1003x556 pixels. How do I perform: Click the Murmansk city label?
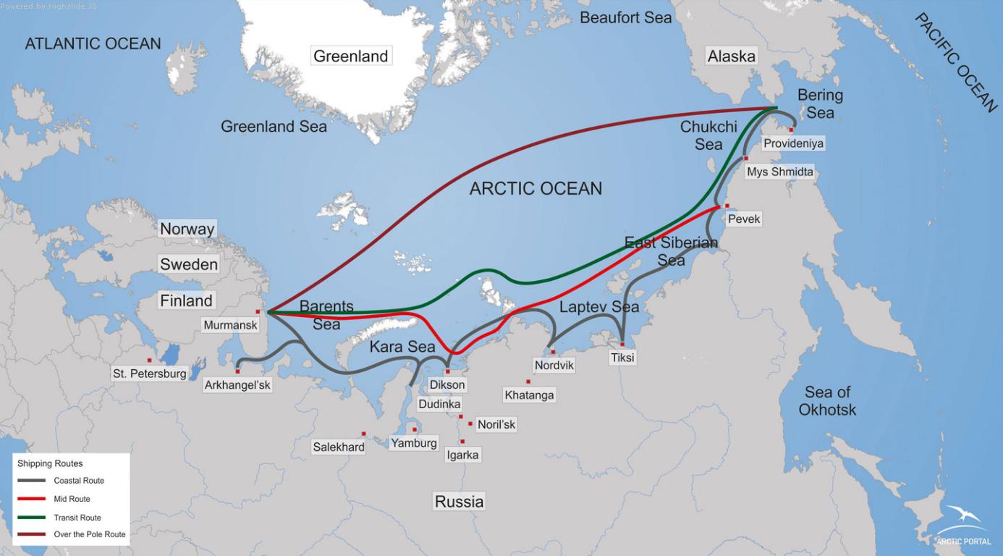tap(230, 325)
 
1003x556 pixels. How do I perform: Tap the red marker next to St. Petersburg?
tap(150, 360)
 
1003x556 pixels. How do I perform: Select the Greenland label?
tap(351, 56)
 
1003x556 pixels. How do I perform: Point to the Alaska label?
tap(731, 56)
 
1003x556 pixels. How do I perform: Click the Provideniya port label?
tap(793, 143)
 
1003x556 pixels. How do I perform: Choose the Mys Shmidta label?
tap(779, 172)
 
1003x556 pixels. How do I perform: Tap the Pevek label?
tap(744, 219)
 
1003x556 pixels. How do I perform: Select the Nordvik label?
tap(554, 365)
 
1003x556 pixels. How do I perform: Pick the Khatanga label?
tap(529, 395)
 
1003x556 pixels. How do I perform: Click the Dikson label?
tap(447, 384)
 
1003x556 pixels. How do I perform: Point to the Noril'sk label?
tap(496, 424)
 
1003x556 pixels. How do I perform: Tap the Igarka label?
tap(463, 455)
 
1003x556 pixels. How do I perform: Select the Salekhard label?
tap(339, 447)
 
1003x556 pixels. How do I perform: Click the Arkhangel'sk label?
tap(237, 384)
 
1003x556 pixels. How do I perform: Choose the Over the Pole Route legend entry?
tap(89, 534)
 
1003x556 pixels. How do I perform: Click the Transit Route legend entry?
tap(77, 518)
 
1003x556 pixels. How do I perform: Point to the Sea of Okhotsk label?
tap(827, 400)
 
